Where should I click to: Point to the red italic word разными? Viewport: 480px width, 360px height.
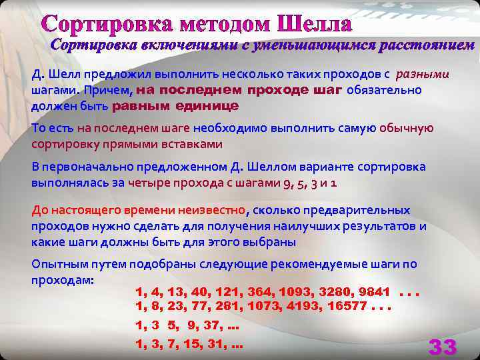[x=423, y=73]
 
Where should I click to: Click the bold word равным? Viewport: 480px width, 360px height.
[x=141, y=106]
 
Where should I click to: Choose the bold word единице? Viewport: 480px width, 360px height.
[x=207, y=106]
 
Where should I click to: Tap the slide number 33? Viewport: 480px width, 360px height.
[x=443, y=347]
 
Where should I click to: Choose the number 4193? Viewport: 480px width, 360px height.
[x=298, y=307]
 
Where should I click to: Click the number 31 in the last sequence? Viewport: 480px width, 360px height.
[x=213, y=345]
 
